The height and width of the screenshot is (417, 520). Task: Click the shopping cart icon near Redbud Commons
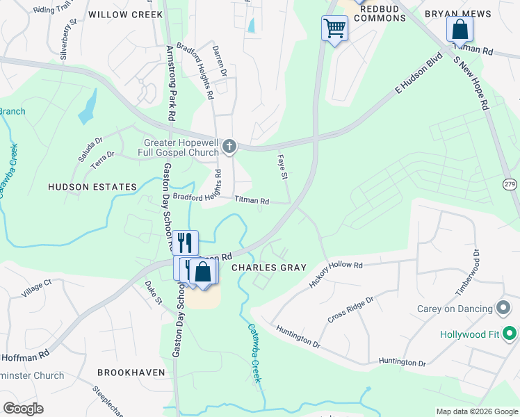(x=334, y=28)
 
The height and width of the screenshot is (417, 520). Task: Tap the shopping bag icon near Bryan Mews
(x=460, y=29)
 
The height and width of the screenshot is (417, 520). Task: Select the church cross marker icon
(x=230, y=147)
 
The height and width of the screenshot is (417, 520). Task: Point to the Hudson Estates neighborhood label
(x=92, y=187)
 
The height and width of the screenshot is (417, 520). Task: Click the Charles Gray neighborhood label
(x=268, y=267)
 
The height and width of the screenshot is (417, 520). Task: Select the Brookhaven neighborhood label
(x=131, y=373)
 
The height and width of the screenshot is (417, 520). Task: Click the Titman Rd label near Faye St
(x=252, y=200)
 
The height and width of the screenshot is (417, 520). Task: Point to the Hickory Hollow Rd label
(x=336, y=271)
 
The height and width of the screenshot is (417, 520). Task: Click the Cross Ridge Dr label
(x=350, y=309)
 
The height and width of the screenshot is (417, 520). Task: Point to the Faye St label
(x=283, y=167)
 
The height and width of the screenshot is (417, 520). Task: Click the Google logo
(x=23, y=408)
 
